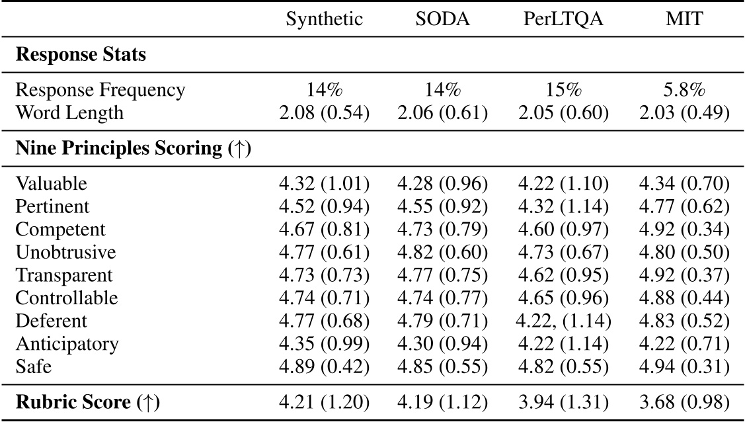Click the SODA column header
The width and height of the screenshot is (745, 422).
click(443, 19)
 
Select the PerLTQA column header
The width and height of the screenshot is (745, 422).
click(563, 19)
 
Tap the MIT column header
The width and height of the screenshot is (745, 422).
click(684, 19)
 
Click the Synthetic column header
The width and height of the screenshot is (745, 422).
click(325, 19)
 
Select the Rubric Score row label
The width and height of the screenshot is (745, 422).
click(87, 401)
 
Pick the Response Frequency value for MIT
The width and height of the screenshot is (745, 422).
click(684, 89)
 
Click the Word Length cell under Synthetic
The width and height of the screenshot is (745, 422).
click(325, 113)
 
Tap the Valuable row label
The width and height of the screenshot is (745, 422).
click(51, 183)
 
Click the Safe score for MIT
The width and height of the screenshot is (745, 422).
click(684, 366)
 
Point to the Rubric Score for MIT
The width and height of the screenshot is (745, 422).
click(684, 401)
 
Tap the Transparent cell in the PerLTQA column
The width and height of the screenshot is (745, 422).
click(563, 276)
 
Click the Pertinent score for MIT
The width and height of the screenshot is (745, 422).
click(684, 207)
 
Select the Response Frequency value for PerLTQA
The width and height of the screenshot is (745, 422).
click(563, 89)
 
